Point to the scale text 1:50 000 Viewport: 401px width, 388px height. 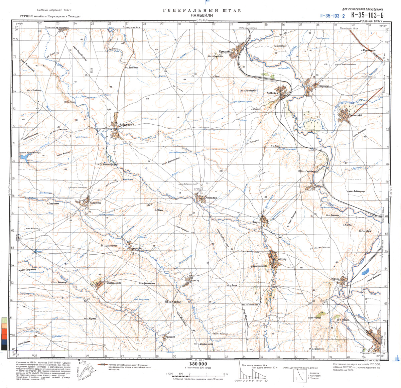(198, 364)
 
